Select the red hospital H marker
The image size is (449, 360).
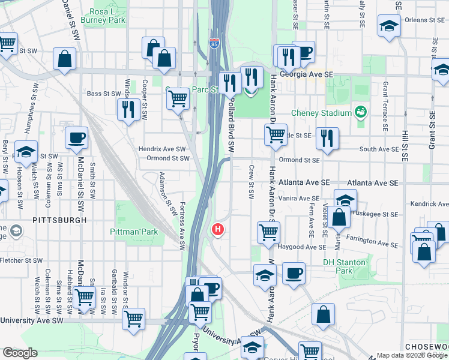pyautogui.click(x=218, y=229)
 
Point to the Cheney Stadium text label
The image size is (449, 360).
pyautogui.click(x=321, y=113)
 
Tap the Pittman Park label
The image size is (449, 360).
pyautogui.click(x=133, y=231)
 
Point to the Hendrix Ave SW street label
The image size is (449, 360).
pyautogui.click(x=162, y=148)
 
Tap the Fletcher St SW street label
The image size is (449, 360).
pyautogui.click(x=21, y=261)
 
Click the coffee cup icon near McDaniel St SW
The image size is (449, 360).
pyautogui.click(x=76, y=138)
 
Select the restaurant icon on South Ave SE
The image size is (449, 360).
pyautogui.click(x=327, y=137)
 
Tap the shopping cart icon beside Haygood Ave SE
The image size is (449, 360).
pyautogui.click(x=268, y=231)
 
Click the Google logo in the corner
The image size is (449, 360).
pyautogui.click(x=20, y=353)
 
